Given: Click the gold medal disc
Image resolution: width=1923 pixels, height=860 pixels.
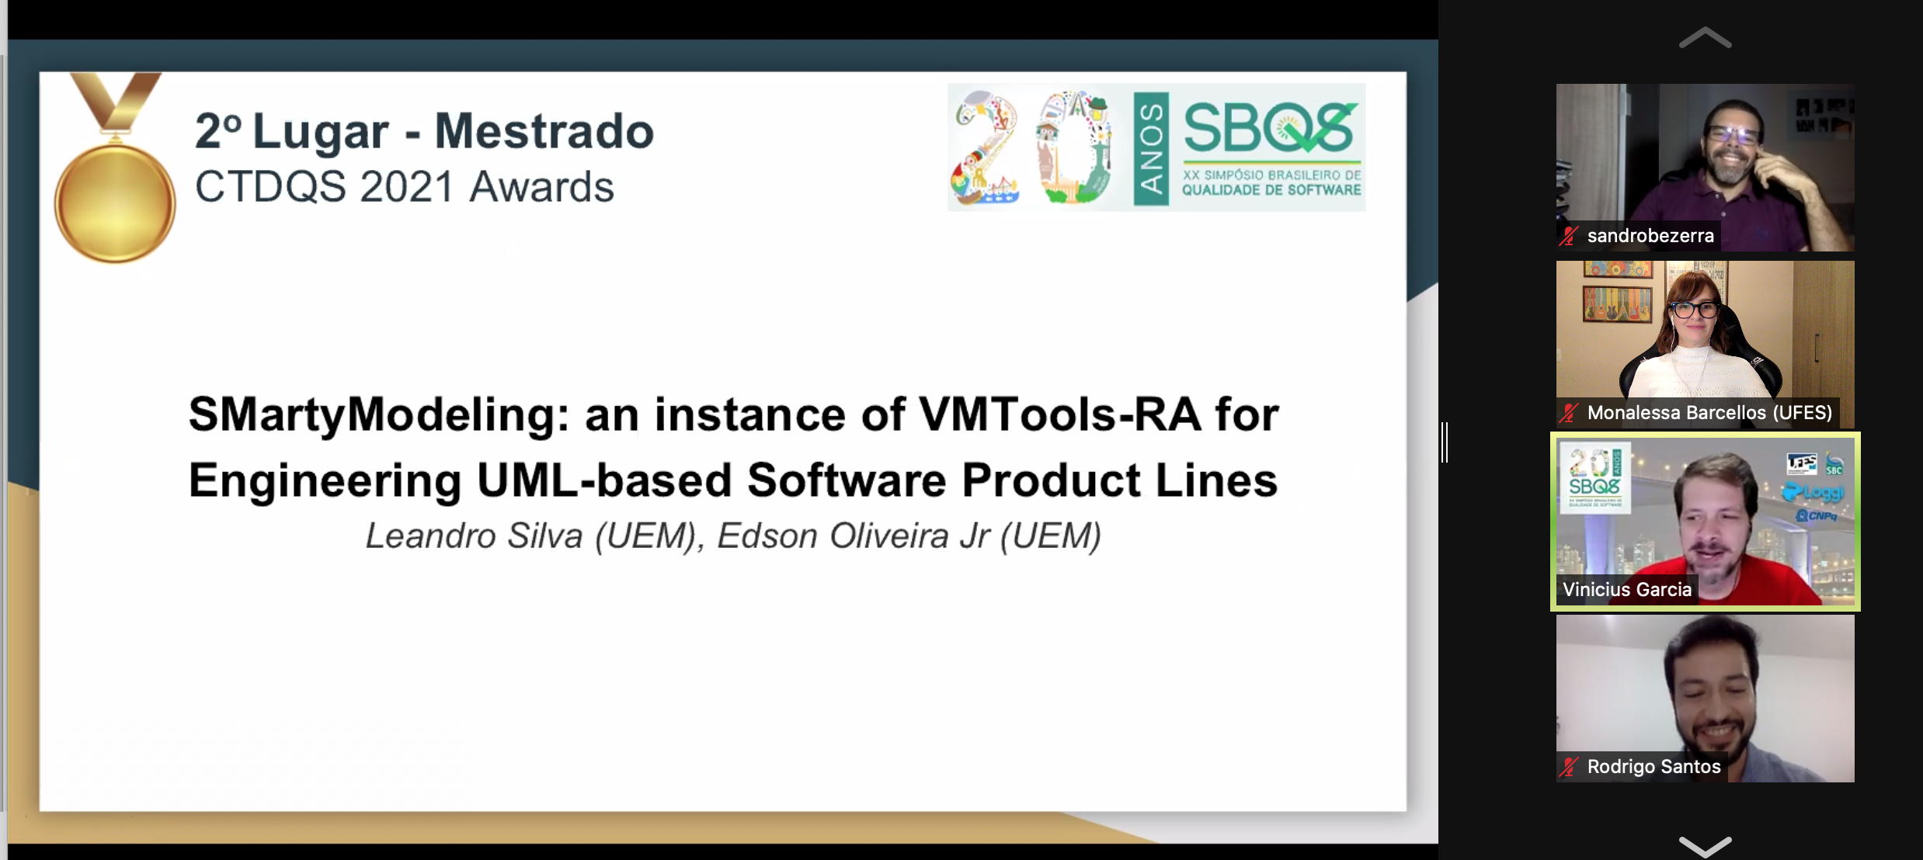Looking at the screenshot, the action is pyautogui.click(x=115, y=203).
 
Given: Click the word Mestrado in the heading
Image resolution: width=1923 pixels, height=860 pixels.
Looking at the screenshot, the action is pyautogui.click(x=544, y=131).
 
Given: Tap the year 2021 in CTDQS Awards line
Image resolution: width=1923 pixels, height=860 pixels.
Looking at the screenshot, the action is pyautogui.click(x=407, y=187).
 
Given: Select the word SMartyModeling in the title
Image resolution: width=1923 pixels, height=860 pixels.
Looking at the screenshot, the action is pyautogui.click(x=379, y=415).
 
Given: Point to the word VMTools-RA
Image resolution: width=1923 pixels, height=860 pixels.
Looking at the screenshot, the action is pyautogui.click(x=1060, y=414).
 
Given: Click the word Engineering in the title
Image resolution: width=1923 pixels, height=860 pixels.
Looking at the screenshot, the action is pyautogui.click(x=325, y=480).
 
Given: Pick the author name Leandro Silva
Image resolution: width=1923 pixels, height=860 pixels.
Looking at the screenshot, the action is pyautogui.click(x=474, y=536).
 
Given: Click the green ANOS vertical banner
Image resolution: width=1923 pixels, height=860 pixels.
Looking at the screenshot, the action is pyautogui.click(x=1151, y=149).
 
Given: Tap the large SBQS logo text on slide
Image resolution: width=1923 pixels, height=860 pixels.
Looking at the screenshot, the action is pyautogui.click(x=1271, y=128).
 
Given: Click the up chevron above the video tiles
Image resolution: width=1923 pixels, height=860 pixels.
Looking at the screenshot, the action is pyautogui.click(x=1706, y=37).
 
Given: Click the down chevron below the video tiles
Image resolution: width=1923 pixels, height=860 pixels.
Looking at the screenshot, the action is pyautogui.click(x=1706, y=845).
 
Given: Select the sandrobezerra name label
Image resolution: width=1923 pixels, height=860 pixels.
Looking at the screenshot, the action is pyautogui.click(x=1650, y=236).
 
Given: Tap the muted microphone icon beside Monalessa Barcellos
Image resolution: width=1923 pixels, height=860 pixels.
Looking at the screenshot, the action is pyautogui.click(x=1570, y=413).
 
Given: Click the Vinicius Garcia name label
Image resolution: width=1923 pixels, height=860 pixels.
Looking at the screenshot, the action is pyautogui.click(x=1627, y=590).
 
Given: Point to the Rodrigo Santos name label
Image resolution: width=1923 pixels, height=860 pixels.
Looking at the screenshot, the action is pyautogui.click(x=1654, y=767).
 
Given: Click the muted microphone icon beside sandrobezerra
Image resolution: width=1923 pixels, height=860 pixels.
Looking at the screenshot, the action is pyautogui.click(x=1570, y=236).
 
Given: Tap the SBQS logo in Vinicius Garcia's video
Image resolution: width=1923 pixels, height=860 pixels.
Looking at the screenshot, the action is pyautogui.click(x=1594, y=477).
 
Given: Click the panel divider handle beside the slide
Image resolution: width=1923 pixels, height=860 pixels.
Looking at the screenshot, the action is pyautogui.click(x=1445, y=442).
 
